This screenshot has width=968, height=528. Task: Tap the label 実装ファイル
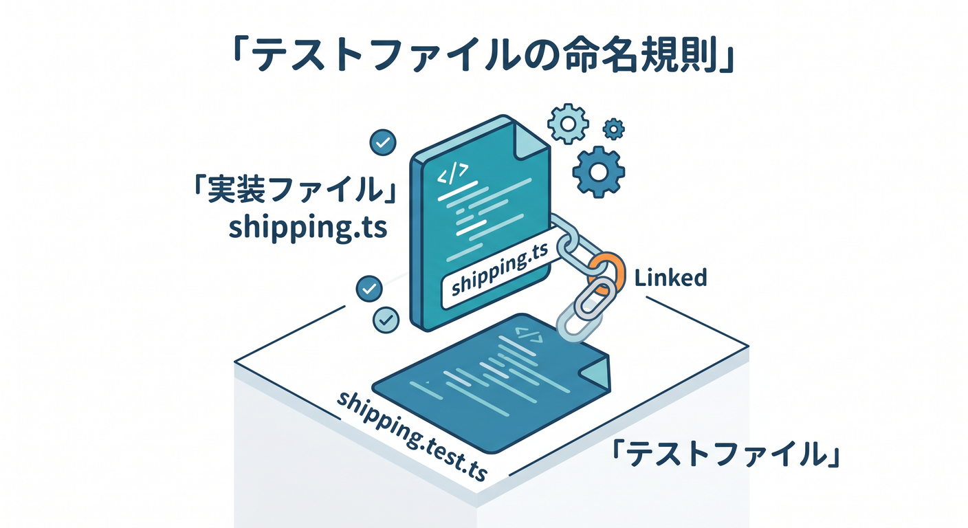pos(295,190)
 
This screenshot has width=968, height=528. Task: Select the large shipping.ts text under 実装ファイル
pos(307,228)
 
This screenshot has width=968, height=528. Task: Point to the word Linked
pos(670,278)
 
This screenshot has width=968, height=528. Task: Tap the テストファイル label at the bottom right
pos(725,454)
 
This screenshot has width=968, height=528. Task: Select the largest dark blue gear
pos(599,172)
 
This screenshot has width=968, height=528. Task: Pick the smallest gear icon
pos(614,129)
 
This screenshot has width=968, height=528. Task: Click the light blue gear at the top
pos(568,124)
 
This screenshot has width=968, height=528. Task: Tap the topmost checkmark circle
pos(383,142)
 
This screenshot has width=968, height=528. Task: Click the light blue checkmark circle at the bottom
pos(386,320)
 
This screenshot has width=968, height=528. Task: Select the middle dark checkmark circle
pos(369,289)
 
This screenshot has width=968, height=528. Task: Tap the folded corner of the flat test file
pos(595,371)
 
